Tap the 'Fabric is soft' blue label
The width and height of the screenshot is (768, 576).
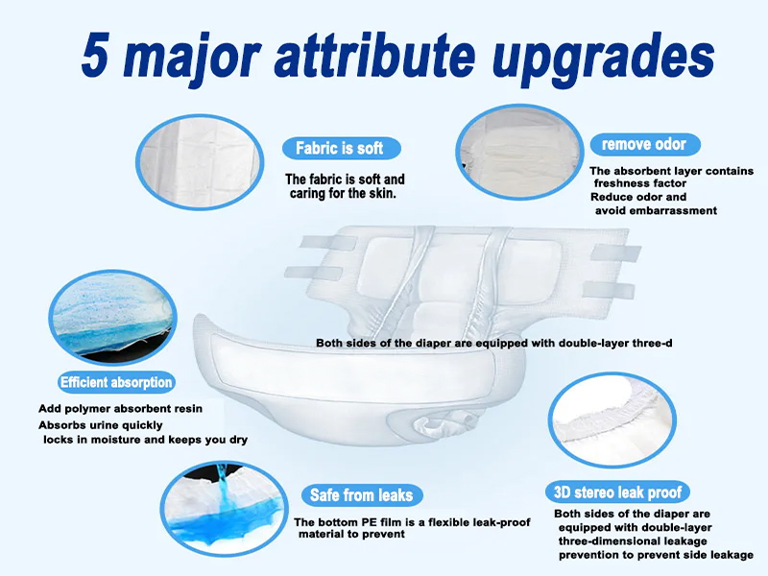pyautogui.click(x=339, y=149)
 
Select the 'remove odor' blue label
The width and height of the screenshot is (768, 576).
pyautogui.click(x=643, y=144)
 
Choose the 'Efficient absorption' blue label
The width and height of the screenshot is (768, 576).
pyautogui.click(x=116, y=382)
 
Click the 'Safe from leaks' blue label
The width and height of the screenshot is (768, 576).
pyautogui.click(x=361, y=495)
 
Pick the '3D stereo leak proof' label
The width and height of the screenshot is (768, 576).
pyautogui.click(x=618, y=492)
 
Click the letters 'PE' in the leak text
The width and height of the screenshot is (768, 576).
pyautogui.click(x=374, y=522)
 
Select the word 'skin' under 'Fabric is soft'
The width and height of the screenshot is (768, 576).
pyautogui.click(x=380, y=194)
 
